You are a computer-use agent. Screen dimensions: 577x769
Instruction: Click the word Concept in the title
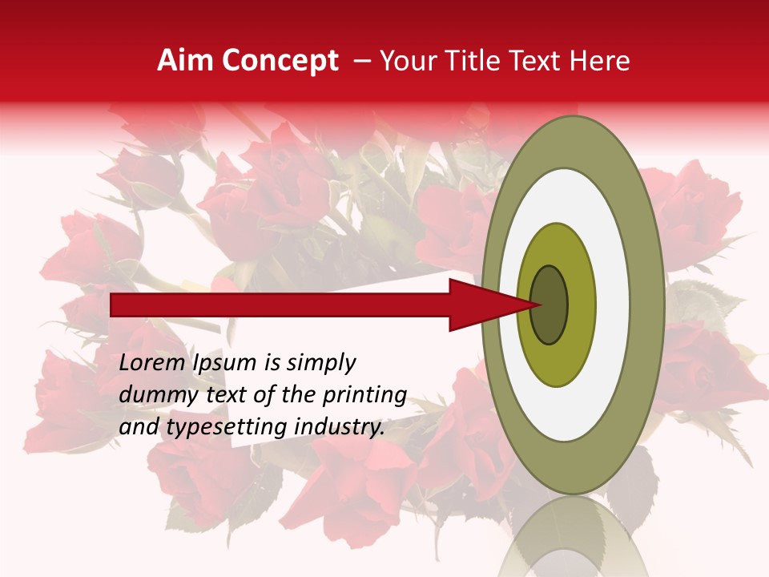[x=280, y=61]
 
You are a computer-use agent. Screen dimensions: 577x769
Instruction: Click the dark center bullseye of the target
[x=550, y=305]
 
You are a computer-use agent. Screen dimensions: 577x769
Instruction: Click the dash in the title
[x=361, y=61]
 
